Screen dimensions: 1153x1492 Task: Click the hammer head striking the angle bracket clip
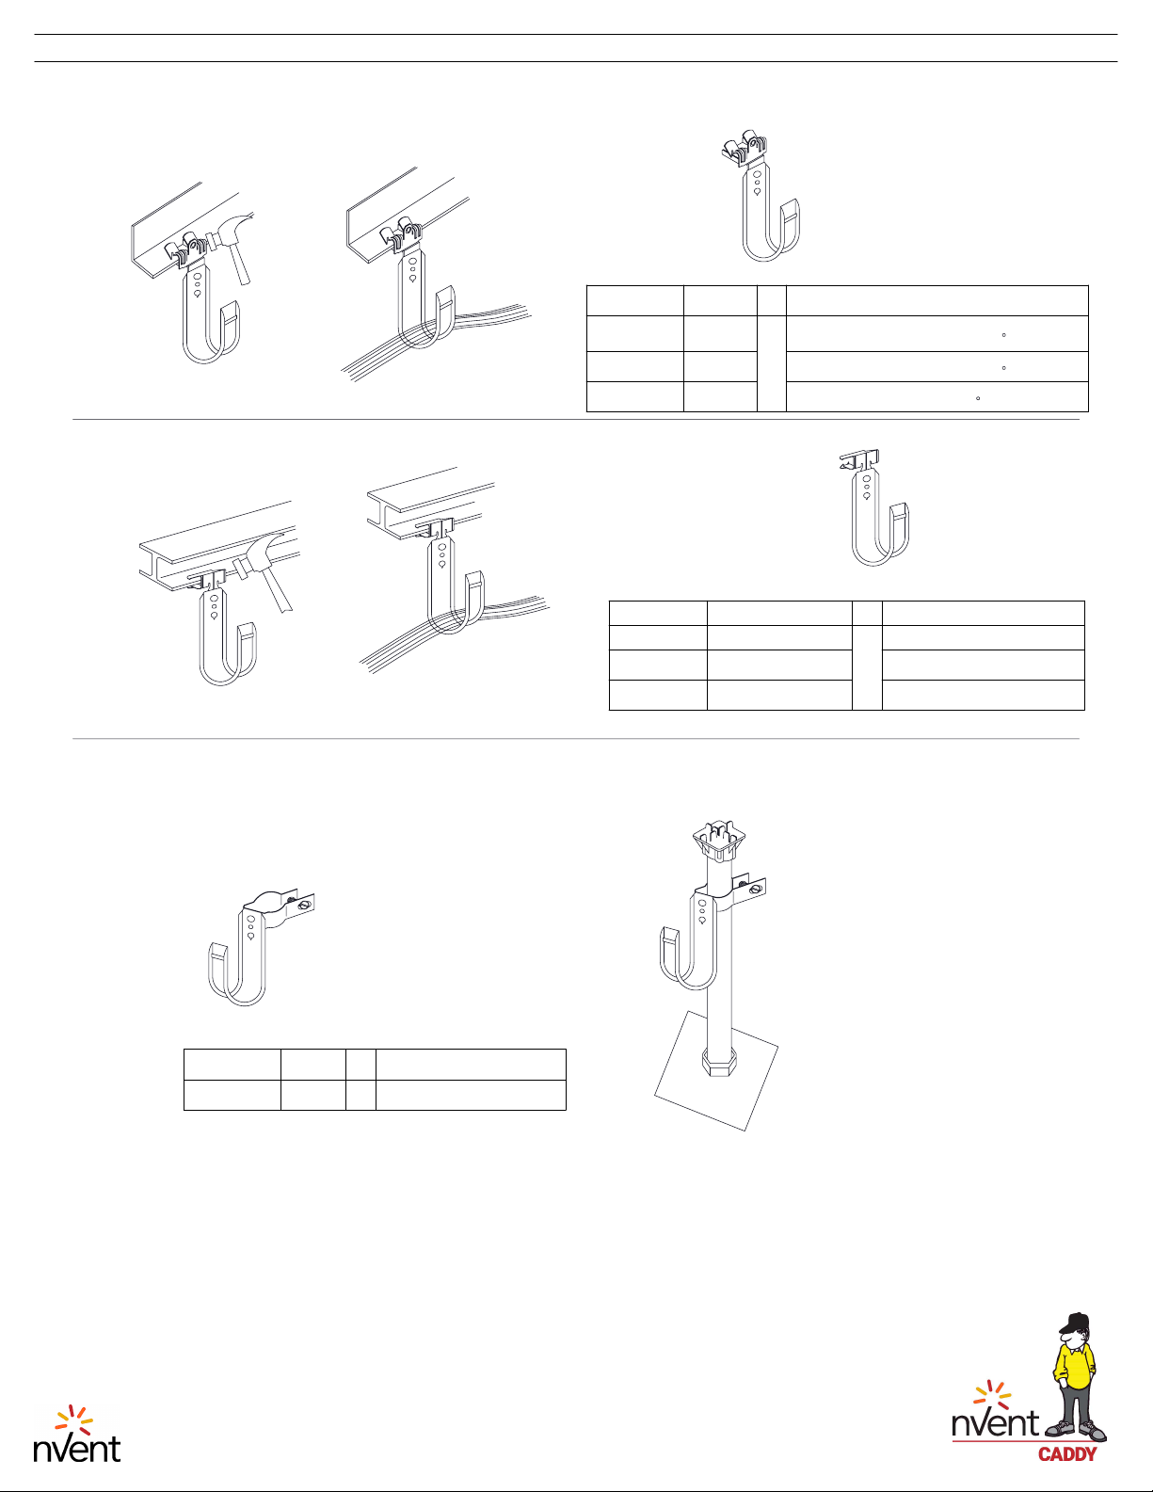point(230,230)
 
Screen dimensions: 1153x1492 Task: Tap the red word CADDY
point(1067,1453)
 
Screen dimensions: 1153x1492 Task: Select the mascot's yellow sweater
point(1076,1368)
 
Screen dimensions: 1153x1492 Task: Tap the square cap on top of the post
point(719,842)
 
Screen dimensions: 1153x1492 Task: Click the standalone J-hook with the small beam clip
point(875,508)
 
